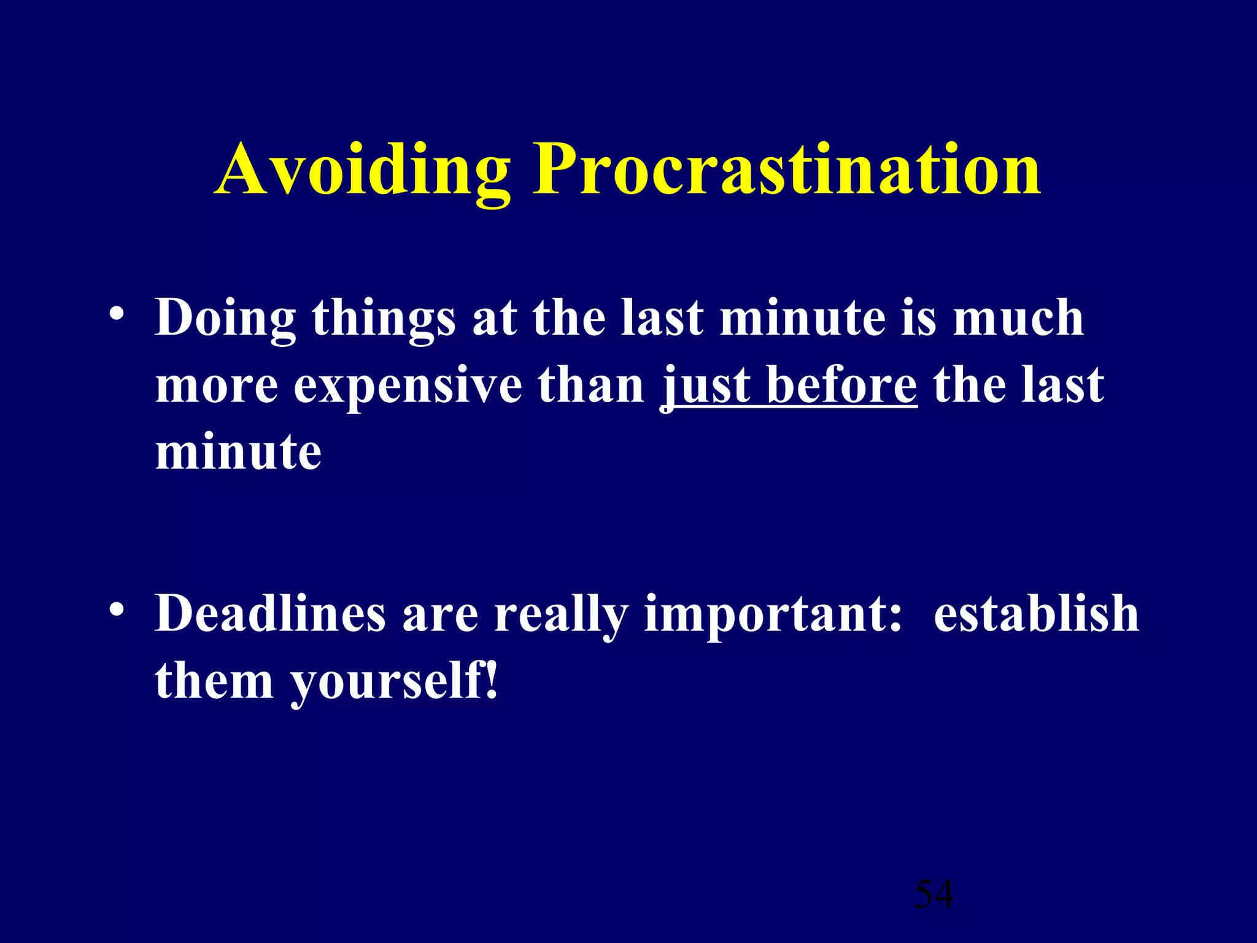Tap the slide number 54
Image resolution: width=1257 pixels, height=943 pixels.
(x=934, y=894)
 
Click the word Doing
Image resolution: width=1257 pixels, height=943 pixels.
(x=225, y=318)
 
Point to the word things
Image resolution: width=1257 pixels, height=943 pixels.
(x=384, y=318)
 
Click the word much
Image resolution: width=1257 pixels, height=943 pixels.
(x=1018, y=318)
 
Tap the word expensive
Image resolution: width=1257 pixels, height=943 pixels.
(x=408, y=386)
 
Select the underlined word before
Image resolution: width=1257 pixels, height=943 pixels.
(x=841, y=386)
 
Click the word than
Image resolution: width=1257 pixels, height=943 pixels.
(x=591, y=386)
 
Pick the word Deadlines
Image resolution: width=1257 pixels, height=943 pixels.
(x=270, y=613)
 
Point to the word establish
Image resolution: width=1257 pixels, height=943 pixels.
(x=1036, y=613)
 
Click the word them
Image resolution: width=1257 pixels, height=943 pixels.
(x=214, y=681)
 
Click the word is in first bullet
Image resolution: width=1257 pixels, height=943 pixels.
(x=919, y=318)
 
